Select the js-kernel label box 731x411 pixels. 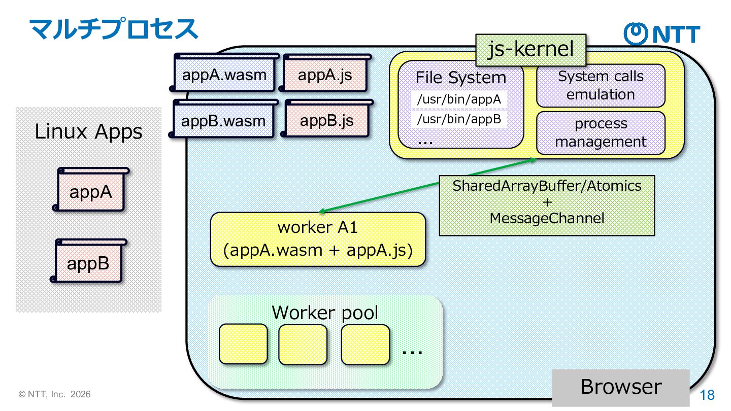tap(530, 50)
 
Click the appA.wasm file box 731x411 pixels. tap(224, 76)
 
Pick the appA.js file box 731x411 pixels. tap(325, 76)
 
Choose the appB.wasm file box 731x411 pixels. tap(223, 121)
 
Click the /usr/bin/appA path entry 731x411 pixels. tap(459, 99)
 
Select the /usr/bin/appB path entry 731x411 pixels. tap(459, 120)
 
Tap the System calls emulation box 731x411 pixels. tap(601, 85)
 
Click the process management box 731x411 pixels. tap(601, 132)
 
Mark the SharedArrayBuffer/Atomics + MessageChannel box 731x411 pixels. tap(547, 205)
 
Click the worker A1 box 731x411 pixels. tap(318, 239)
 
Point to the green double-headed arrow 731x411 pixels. tap(426, 185)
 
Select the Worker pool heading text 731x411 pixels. tap(325, 312)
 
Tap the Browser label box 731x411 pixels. tap(621, 387)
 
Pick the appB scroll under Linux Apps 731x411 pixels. tap(88, 263)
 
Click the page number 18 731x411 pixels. tap(707, 395)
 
